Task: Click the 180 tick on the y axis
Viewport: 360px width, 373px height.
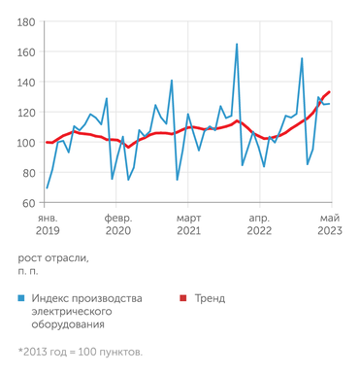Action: [27, 22]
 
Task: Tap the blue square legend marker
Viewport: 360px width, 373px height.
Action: [21, 299]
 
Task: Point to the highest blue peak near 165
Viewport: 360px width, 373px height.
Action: [237, 44]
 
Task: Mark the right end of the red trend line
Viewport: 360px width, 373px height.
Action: [329, 92]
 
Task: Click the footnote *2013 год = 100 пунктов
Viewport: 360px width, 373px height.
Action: [81, 351]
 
